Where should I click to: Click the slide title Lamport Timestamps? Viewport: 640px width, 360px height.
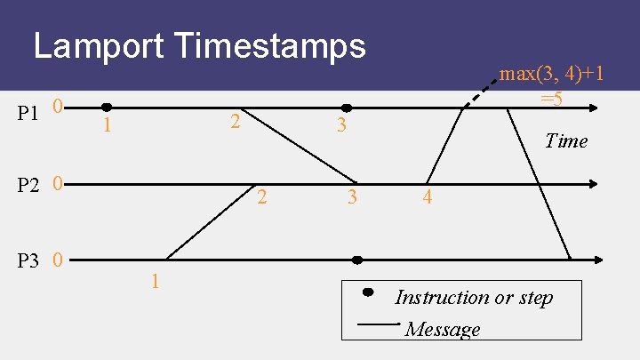[x=199, y=45]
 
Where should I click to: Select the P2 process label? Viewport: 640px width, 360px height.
[x=29, y=186]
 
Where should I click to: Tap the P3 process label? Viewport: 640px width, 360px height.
[x=29, y=261]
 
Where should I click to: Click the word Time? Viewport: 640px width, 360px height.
[x=566, y=140]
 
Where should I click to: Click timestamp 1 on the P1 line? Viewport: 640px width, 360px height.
[x=107, y=126]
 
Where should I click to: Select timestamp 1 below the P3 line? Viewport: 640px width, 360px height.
[x=155, y=282]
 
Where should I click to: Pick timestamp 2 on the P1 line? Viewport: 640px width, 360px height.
[x=234, y=121]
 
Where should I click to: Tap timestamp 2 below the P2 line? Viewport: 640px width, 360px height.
[x=261, y=197]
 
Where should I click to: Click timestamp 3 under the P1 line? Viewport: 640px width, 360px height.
[x=340, y=126]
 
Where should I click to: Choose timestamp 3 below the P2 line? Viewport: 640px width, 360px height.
[x=352, y=197]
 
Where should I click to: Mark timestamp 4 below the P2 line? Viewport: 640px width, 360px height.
[x=428, y=197]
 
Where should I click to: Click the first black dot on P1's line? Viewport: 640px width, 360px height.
[x=107, y=108]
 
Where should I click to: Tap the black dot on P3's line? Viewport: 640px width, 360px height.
[x=357, y=260]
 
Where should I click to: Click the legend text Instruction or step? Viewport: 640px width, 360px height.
[x=474, y=297]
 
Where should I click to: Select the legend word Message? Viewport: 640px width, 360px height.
[x=442, y=330]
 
